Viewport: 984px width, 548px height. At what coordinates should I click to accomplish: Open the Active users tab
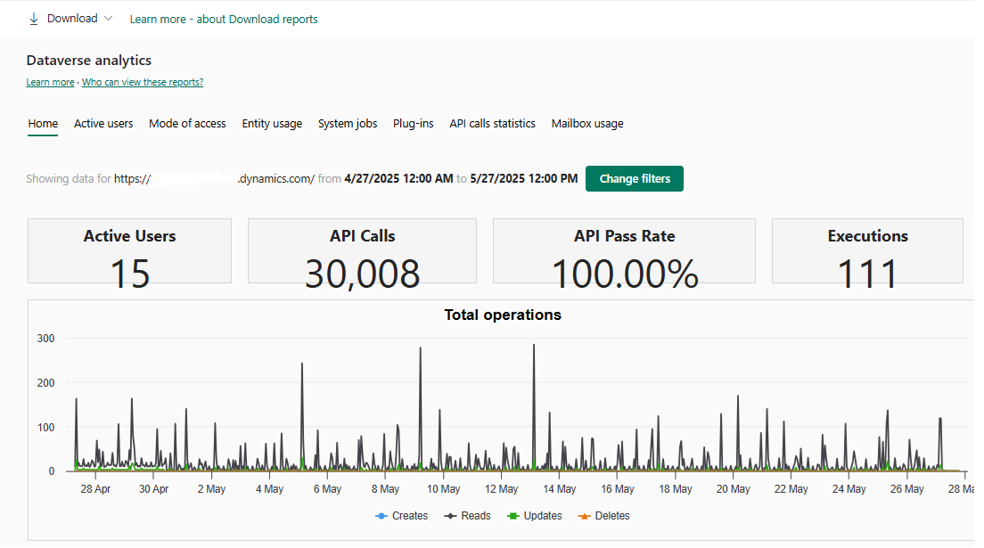click(x=103, y=124)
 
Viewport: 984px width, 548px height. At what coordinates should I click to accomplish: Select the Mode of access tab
click(x=187, y=124)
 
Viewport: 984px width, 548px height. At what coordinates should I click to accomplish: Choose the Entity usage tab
click(x=272, y=124)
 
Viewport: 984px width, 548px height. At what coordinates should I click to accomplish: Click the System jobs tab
click(x=348, y=124)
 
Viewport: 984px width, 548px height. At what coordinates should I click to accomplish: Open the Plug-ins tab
click(x=414, y=124)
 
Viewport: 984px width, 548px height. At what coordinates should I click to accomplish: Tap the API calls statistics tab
click(x=492, y=124)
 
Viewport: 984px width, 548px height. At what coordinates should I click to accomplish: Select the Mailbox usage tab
click(x=587, y=124)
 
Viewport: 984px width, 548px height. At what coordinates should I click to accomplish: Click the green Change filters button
click(x=634, y=178)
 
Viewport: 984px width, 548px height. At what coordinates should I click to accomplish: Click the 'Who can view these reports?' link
click(x=143, y=83)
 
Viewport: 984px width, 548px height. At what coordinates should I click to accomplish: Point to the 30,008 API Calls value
click(x=362, y=274)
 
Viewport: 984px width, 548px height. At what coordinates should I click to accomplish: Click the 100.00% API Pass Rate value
click(x=624, y=274)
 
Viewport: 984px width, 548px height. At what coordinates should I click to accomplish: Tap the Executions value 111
click(x=867, y=274)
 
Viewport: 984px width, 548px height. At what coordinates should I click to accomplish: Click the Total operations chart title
click(x=503, y=315)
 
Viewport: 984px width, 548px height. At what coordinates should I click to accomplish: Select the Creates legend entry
click(x=402, y=516)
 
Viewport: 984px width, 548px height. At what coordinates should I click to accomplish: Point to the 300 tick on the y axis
click(x=45, y=339)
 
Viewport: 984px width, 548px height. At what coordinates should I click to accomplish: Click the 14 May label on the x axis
click(x=560, y=489)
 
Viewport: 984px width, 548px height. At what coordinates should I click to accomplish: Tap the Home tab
click(x=43, y=124)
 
